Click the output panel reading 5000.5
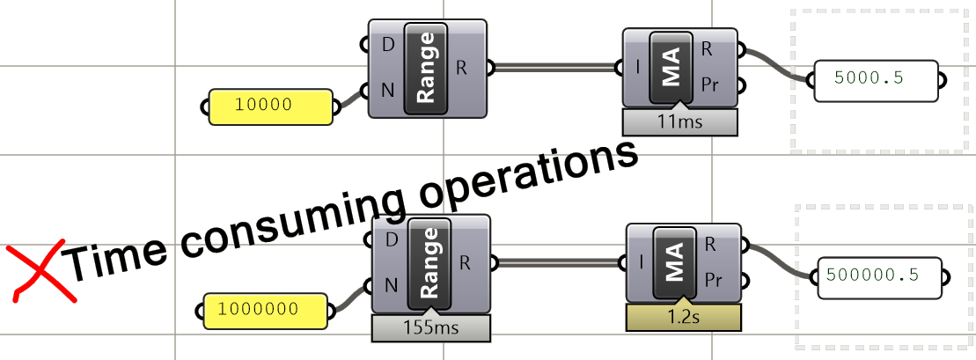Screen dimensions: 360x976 point(877,78)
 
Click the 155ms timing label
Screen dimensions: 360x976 point(430,328)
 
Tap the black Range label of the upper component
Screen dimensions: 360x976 point(426,68)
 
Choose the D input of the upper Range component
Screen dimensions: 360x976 point(388,42)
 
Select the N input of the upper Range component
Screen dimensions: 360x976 point(388,88)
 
